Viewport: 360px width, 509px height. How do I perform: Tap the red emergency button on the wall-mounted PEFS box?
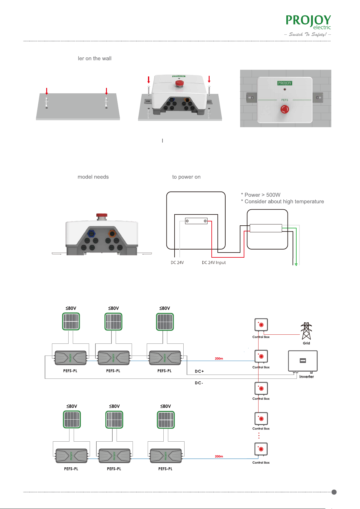[284, 109]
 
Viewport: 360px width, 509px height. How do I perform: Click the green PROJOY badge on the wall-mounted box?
[284, 83]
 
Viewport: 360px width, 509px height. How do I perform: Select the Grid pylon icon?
[306, 331]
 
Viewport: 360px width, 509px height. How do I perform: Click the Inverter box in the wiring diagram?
[303, 361]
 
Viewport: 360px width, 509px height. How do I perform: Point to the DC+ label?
[199, 371]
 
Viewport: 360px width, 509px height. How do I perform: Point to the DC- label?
[199, 383]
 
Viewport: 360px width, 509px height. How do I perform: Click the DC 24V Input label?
[214, 263]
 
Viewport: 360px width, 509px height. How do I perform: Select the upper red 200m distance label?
[219, 359]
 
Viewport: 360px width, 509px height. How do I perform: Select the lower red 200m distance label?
[219, 456]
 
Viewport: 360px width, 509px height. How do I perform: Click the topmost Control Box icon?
[261, 325]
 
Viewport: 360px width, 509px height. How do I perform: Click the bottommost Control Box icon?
[261, 449]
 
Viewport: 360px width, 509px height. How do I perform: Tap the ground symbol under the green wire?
[296, 264]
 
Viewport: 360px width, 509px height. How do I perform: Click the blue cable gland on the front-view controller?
[91, 234]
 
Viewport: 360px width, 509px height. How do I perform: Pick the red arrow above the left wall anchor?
[47, 91]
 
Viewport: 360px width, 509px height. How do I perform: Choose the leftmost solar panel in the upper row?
[71, 321]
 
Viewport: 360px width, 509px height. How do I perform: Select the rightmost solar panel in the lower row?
[166, 420]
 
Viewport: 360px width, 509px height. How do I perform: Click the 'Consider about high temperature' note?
[284, 201]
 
